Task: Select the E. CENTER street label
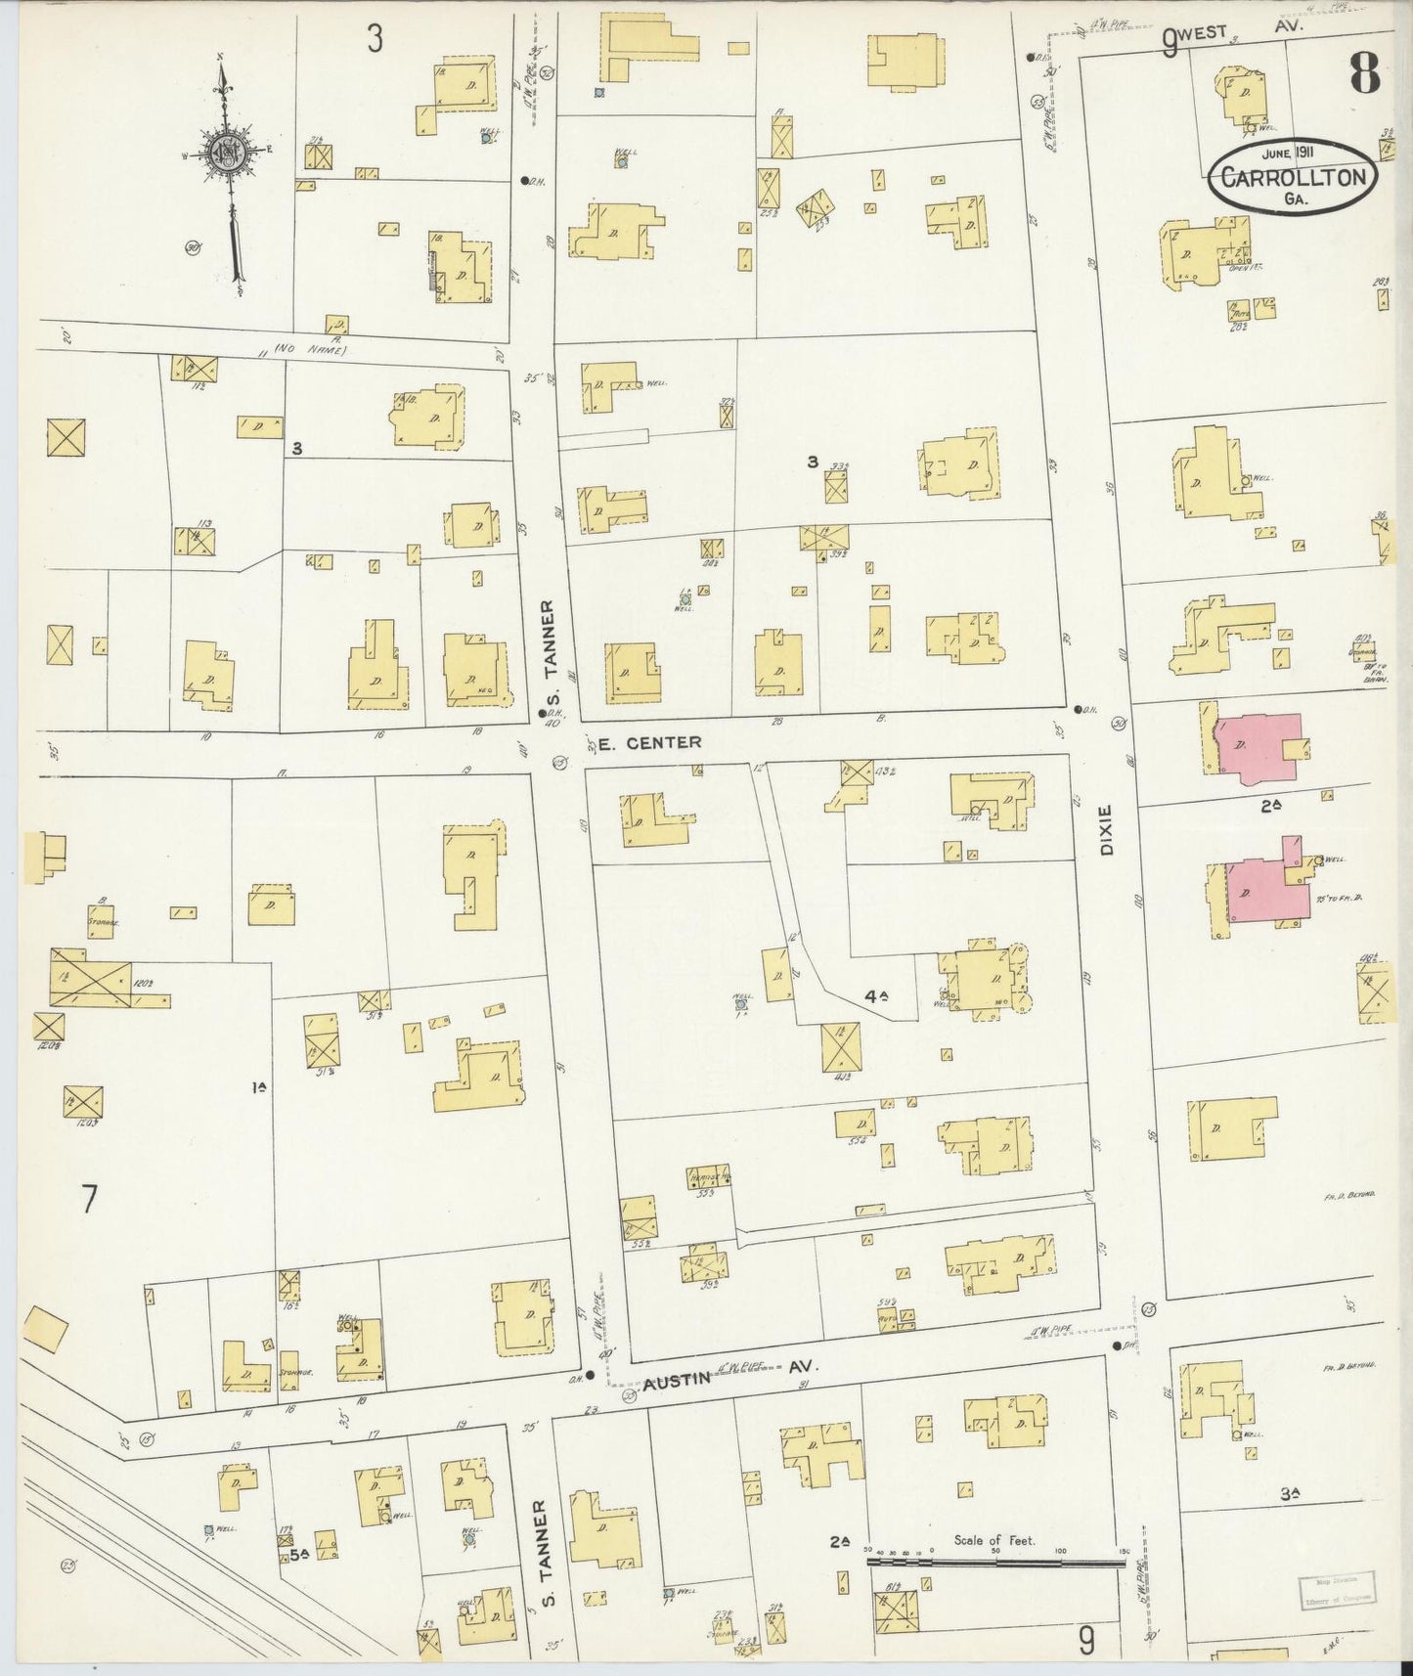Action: tap(649, 743)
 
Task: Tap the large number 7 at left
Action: tap(90, 1199)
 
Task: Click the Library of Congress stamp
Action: tap(1336, 1592)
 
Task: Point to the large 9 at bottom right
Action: tap(1085, 1638)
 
